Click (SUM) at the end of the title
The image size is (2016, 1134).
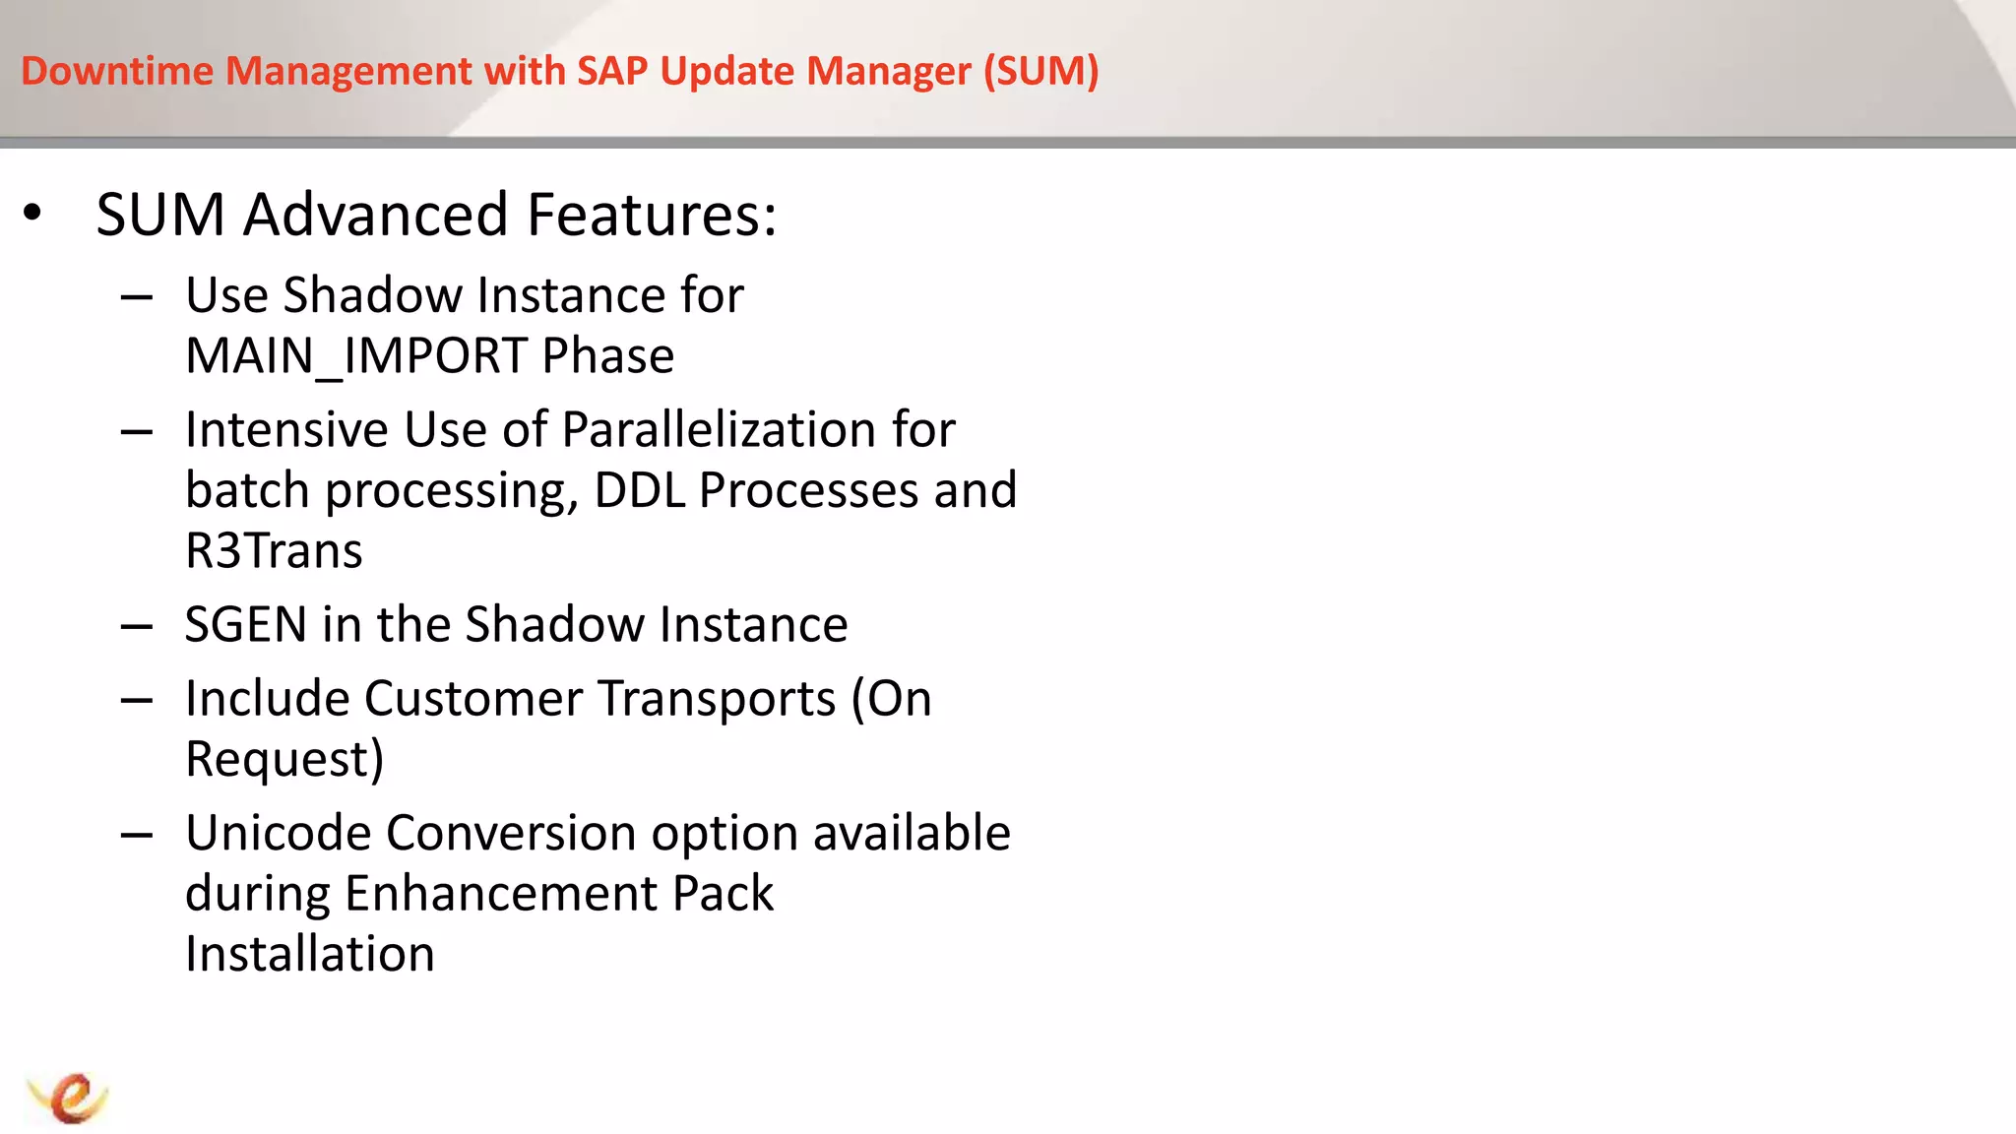click(1040, 71)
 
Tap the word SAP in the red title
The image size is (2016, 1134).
click(612, 71)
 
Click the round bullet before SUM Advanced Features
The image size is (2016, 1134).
click(32, 213)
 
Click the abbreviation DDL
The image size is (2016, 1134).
click(639, 490)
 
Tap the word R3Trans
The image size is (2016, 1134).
click(274, 550)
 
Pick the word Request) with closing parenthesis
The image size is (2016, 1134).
click(284, 759)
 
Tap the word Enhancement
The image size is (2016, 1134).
click(501, 894)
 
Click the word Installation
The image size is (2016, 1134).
click(310, 954)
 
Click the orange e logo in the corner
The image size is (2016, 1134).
click(69, 1097)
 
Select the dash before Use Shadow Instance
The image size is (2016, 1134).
click(137, 297)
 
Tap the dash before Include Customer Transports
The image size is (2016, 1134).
click(137, 701)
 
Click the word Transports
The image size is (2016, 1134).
click(717, 699)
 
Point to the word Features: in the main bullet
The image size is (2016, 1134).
click(652, 215)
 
